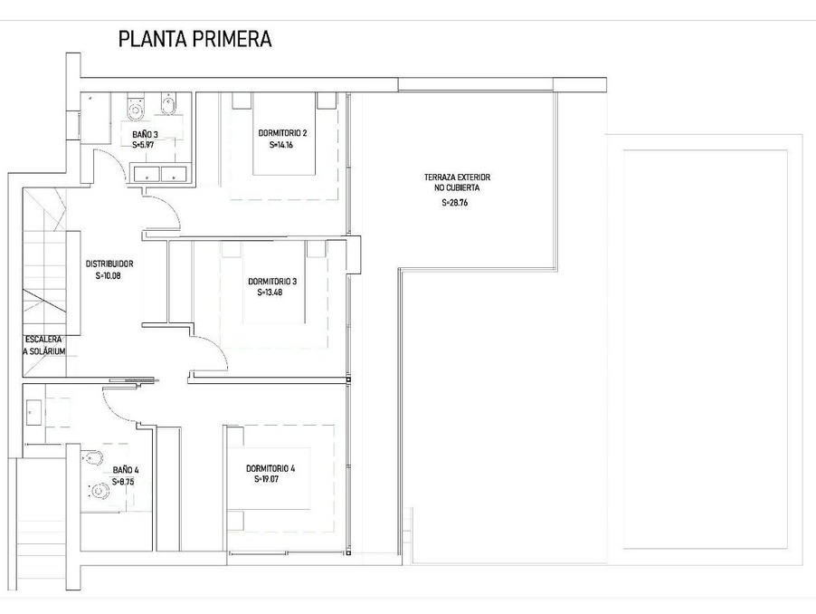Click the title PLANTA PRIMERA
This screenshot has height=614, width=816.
(195, 39)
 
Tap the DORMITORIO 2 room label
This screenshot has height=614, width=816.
(282, 133)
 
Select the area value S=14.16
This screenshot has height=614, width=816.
(281, 145)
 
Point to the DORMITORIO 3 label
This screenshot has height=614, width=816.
(272, 282)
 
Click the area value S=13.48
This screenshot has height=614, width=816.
(270, 293)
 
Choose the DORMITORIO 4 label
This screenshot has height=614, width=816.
(270, 469)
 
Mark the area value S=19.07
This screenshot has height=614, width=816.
(267, 480)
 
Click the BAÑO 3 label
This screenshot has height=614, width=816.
(145, 135)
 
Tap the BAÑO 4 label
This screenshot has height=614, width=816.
(126, 470)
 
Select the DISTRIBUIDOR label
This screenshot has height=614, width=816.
(109, 264)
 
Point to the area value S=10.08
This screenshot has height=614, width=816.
(109, 276)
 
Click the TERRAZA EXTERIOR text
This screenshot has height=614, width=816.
(457, 177)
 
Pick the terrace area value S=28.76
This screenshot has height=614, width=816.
(455, 203)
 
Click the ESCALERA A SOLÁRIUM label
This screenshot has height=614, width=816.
(44, 345)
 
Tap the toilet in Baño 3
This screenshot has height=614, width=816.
(136, 106)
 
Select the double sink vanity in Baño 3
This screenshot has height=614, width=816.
(160, 173)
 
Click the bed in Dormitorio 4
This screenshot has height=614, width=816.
(269, 479)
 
